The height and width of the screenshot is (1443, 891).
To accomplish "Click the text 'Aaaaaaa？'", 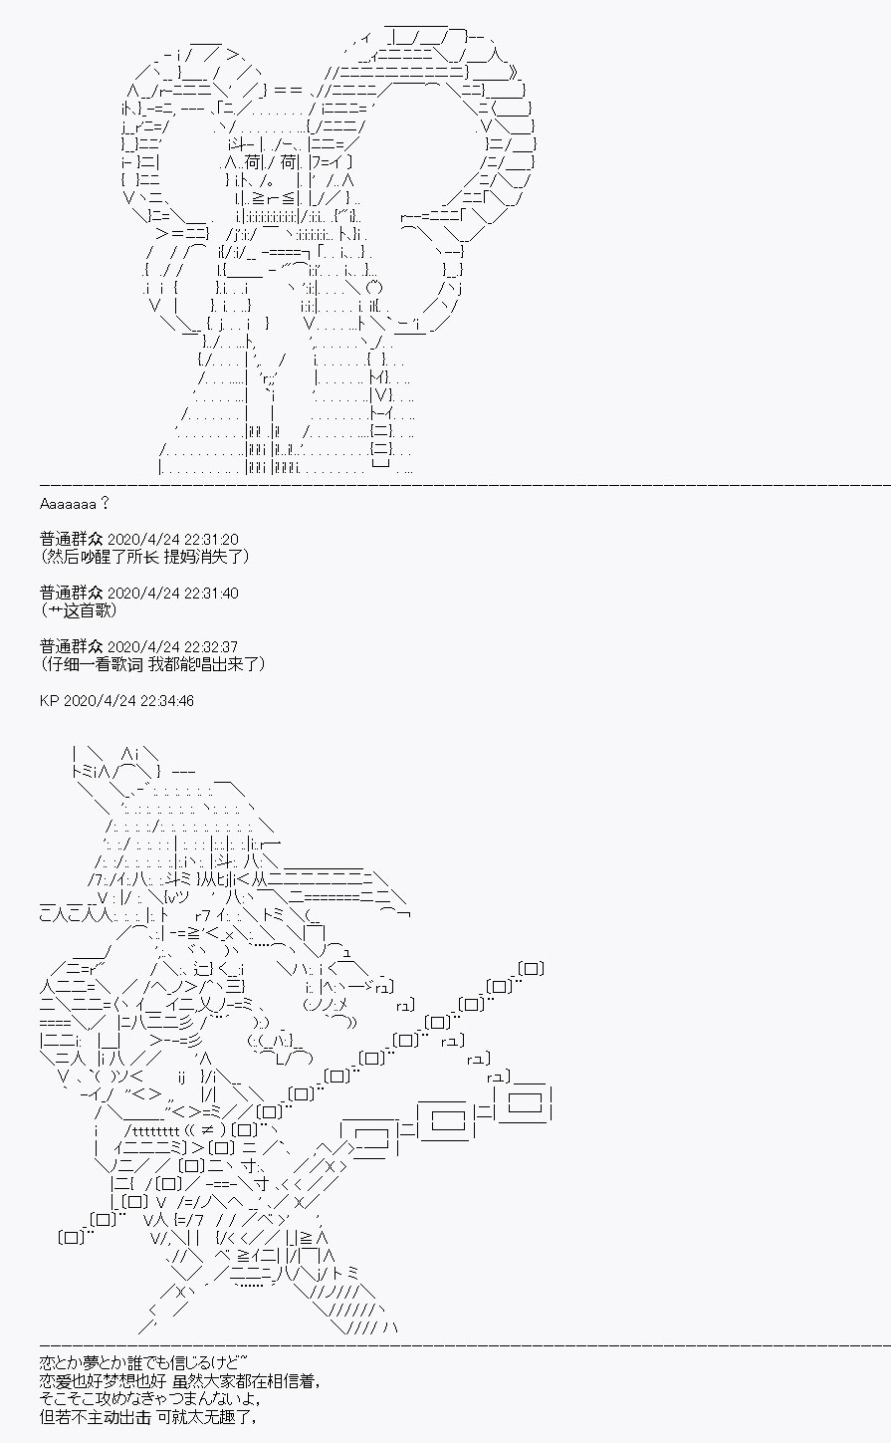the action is tap(74, 504).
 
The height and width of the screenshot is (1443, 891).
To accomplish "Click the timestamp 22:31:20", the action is tap(211, 539).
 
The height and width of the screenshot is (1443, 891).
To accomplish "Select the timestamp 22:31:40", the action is tap(211, 593).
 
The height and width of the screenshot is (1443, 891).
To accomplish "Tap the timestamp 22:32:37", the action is tap(211, 646).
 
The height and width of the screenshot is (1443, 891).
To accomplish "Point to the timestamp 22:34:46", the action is tap(166, 700).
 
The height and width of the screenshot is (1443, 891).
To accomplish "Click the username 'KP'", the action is tap(49, 700).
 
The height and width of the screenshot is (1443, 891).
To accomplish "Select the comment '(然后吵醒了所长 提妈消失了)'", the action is tap(144, 557).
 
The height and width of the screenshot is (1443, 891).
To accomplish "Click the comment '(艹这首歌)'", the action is tap(79, 610).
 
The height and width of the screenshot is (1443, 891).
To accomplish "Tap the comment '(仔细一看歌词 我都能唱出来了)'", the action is tap(152, 663).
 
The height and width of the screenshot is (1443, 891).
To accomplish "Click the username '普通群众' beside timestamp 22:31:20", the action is tap(71, 539).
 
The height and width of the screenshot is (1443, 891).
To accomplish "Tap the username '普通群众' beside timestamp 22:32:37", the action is tap(71, 646).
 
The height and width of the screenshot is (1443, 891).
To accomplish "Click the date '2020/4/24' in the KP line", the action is tap(100, 700).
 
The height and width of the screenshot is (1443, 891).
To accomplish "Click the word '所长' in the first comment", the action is tap(142, 557).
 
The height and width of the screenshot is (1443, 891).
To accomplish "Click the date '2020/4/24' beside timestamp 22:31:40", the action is tap(143, 593).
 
